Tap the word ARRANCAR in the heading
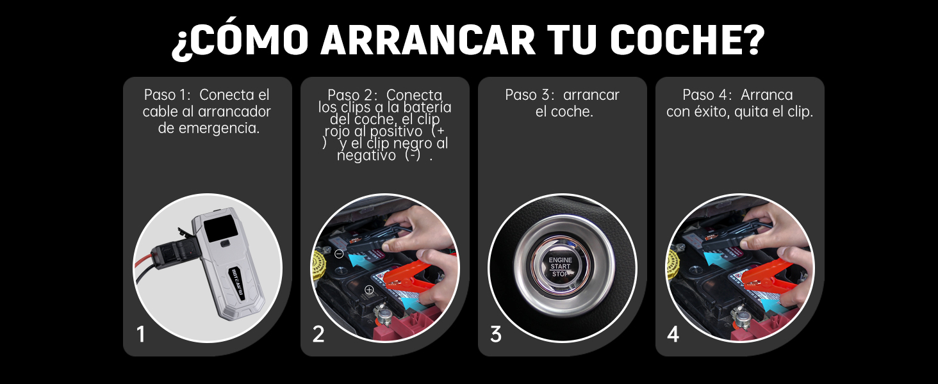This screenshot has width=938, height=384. pyautogui.click(x=427, y=40)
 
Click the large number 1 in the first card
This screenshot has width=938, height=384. pyautogui.click(x=141, y=334)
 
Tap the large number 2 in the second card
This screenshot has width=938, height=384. pyautogui.click(x=318, y=334)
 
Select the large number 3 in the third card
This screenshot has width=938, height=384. pyautogui.click(x=496, y=334)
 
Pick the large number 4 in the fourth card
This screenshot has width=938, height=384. pyautogui.click(x=673, y=334)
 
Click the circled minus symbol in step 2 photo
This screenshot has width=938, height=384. pyautogui.click(x=339, y=253)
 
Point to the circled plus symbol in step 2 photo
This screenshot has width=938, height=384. pyautogui.click(x=369, y=289)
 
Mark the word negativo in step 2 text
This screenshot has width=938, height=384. pyautogui.click(x=366, y=156)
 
